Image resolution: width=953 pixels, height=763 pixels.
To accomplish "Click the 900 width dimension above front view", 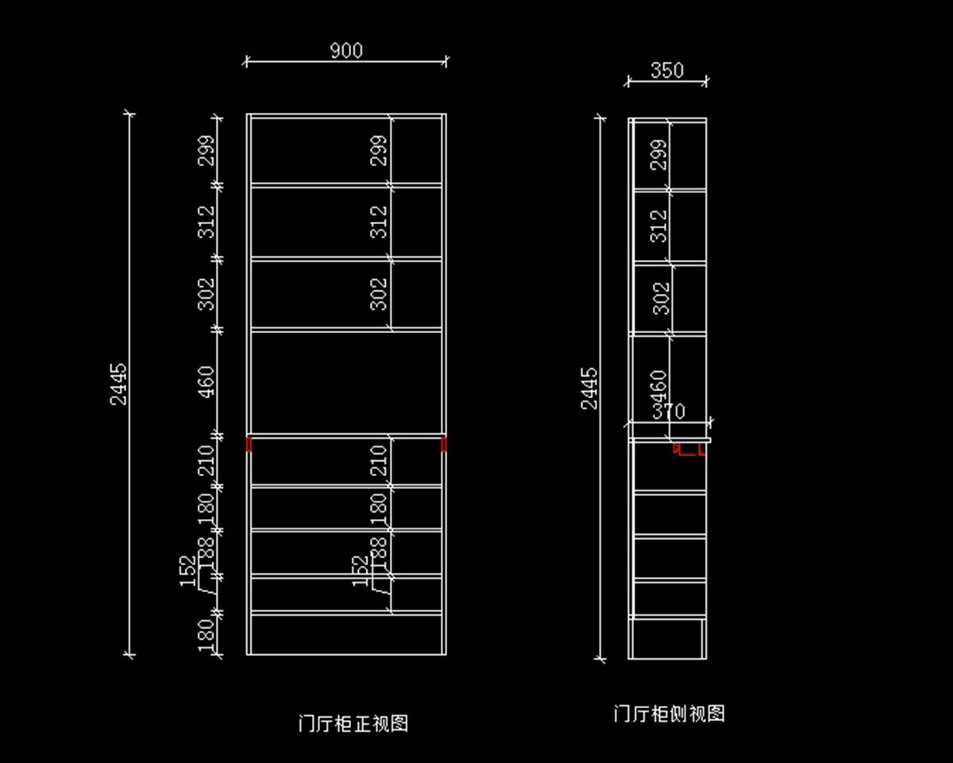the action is click(x=345, y=51).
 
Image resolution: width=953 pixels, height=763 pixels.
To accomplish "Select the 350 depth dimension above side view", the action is click(x=667, y=71).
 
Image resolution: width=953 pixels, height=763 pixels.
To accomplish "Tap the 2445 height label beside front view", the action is click(x=118, y=385).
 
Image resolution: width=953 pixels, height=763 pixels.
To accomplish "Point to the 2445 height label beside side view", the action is click(x=590, y=388).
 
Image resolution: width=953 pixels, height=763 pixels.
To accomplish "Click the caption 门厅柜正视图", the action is click(x=353, y=723).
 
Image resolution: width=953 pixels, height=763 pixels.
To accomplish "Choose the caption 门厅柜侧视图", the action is click(x=669, y=713).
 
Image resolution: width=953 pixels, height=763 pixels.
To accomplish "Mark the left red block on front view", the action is click(x=249, y=443).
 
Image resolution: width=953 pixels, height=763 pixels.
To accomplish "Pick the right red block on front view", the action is click(x=444, y=443).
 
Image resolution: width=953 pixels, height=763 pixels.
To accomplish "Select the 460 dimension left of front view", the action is click(x=206, y=381).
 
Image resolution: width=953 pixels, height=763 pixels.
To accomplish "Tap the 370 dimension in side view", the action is click(x=668, y=411).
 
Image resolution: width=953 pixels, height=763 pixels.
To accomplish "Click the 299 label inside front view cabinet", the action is click(x=380, y=150).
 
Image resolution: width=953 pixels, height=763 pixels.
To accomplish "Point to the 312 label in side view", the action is click(x=658, y=226).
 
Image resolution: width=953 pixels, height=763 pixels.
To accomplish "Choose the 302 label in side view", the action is click(x=660, y=298).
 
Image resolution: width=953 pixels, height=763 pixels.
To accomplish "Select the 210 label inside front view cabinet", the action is click(x=379, y=460).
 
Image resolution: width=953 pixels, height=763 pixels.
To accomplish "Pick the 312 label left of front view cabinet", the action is click(x=206, y=221).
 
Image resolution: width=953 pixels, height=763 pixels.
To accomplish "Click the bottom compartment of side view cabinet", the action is click(x=667, y=638).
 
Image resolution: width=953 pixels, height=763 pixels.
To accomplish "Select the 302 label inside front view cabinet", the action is click(x=380, y=293).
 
